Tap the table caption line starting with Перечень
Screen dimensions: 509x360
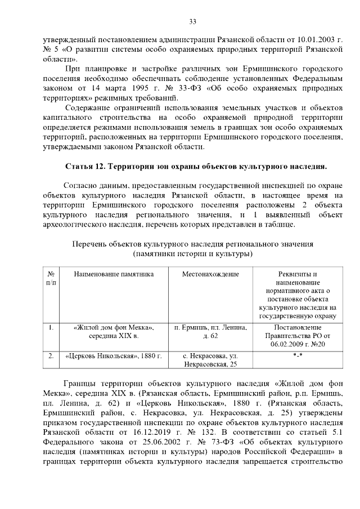tap(193, 245)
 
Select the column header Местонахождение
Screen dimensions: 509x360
tap(210, 274)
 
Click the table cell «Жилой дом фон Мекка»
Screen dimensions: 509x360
tap(114, 327)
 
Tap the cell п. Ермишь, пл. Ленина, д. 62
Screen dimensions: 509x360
tap(210, 331)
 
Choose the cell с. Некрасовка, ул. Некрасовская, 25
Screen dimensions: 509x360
tap(210, 360)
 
